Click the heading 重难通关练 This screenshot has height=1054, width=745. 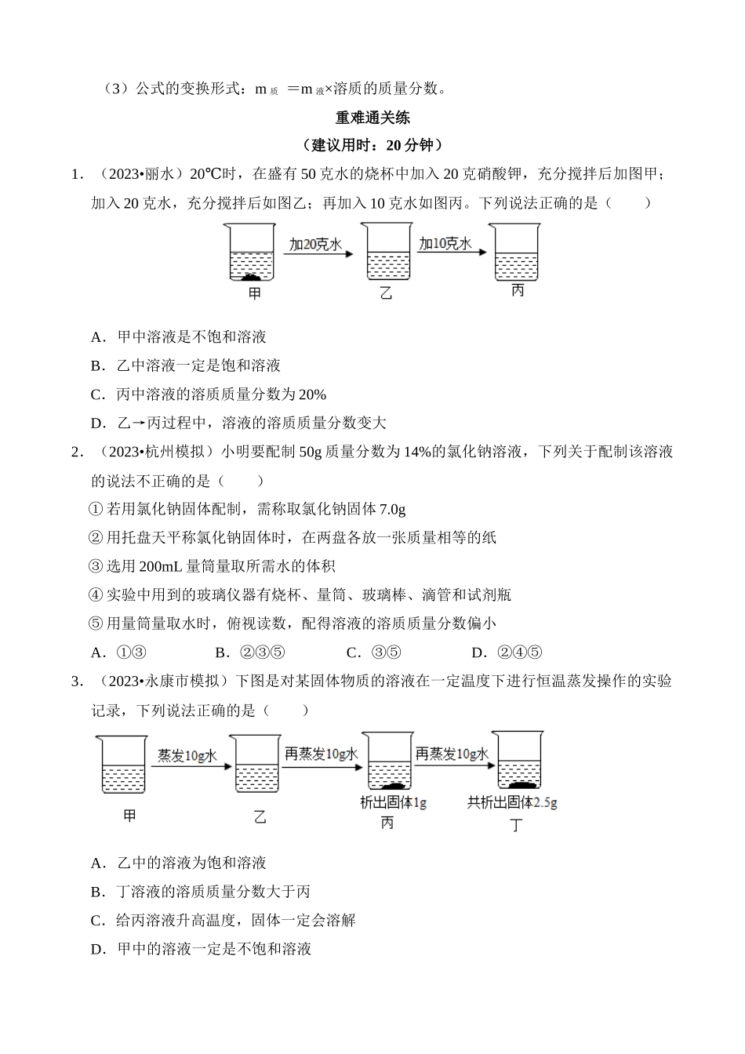pyautogui.click(x=372, y=118)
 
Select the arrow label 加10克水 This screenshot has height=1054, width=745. pyautogui.click(x=445, y=243)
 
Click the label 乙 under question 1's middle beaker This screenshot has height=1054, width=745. pyautogui.click(x=386, y=294)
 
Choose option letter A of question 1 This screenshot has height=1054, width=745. pyautogui.click(x=97, y=337)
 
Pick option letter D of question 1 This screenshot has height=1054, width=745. pyautogui.click(x=97, y=423)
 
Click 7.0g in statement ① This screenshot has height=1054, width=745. pyautogui.click(x=392, y=510)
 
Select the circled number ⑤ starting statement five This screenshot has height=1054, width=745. pyautogui.click(x=96, y=624)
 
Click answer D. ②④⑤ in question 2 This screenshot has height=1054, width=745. pyautogui.click(x=507, y=652)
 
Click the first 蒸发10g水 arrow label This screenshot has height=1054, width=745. pyautogui.click(x=187, y=754)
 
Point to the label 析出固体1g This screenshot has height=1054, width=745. pyautogui.click(x=393, y=802)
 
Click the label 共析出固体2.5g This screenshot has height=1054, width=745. pyautogui.click(x=512, y=802)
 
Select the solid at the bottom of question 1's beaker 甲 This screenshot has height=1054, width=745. pyautogui.click(x=251, y=277)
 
